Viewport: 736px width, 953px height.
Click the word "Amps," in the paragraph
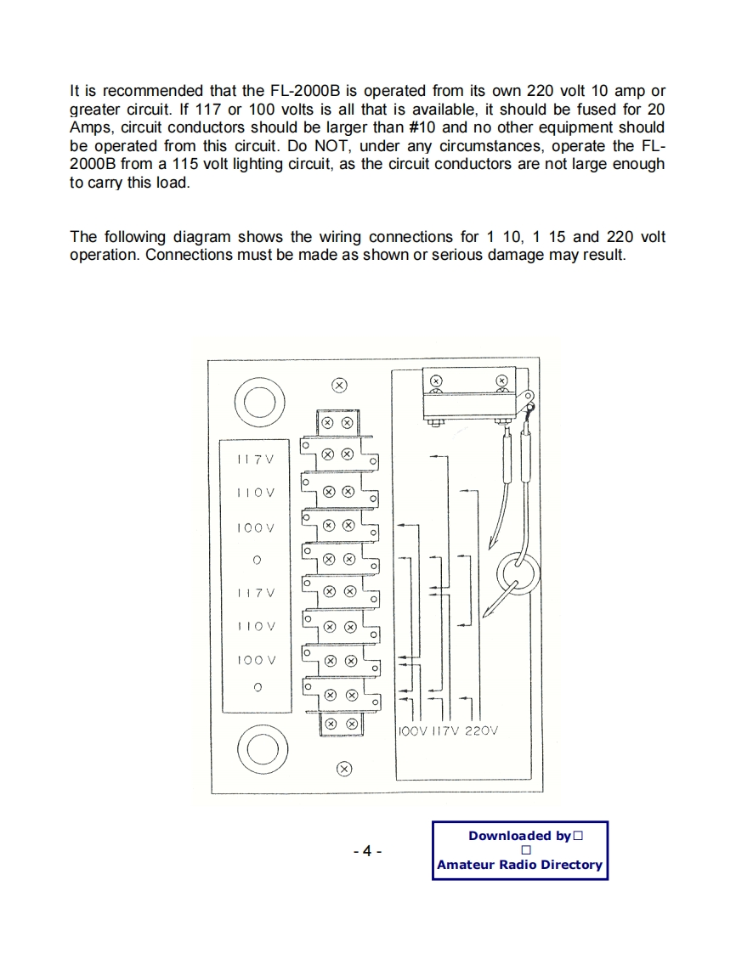point(93,127)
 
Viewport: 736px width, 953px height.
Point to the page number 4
point(367,851)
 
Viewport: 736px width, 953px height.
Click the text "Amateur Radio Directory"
point(519,865)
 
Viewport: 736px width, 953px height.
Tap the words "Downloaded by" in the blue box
point(519,836)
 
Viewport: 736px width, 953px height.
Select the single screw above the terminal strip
point(339,385)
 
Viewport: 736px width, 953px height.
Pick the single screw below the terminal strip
point(343,769)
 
